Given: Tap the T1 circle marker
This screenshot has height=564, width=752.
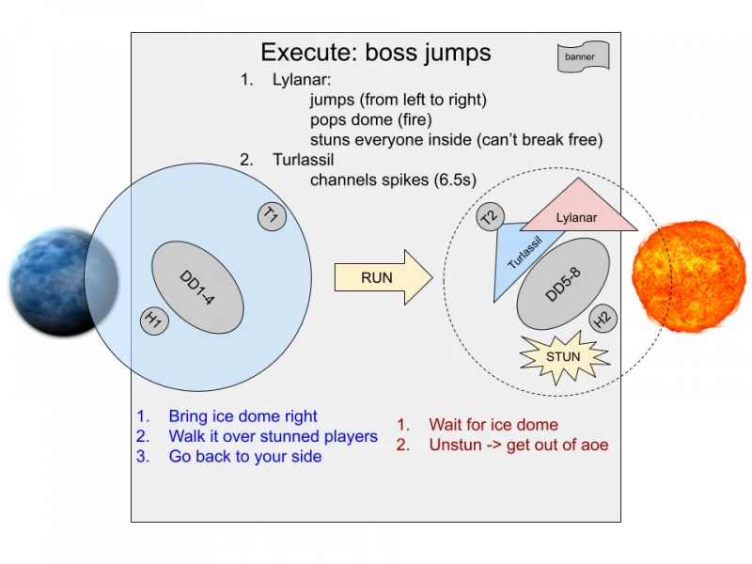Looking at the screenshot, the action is (x=272, y=216).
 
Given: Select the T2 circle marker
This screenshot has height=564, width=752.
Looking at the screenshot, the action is (x=490, y=217).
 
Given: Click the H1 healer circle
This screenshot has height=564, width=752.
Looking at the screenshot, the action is (x=154, y=321).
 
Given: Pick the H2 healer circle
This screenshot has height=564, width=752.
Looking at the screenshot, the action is (x=603, y=318).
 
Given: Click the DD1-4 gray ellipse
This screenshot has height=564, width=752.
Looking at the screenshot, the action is (x=197, y=288).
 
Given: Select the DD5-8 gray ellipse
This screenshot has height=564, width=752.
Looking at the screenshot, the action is (x=563, y=284).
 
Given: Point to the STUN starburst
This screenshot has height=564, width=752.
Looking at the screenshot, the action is (x=564, y=357).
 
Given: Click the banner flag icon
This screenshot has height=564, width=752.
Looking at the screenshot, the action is (x=583, y=56).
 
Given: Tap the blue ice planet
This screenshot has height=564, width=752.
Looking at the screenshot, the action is (x=63, y=282).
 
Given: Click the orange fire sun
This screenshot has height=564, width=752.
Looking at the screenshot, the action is (x=689, y=276).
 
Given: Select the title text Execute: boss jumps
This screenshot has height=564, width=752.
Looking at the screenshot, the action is (x=376, y=52).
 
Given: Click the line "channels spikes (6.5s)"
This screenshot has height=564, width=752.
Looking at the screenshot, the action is (x=393, y=180).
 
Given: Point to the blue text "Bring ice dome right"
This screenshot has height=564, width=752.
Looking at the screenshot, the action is (x=243, y=415).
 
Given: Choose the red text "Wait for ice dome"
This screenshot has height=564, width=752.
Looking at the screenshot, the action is (x=493, y=425).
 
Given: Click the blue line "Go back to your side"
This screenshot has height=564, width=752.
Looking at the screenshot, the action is (x=245, y=456).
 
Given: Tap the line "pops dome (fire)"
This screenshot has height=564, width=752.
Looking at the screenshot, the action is (x=370, y=119).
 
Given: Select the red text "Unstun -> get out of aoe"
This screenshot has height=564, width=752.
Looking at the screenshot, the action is (x=519, y=445).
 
